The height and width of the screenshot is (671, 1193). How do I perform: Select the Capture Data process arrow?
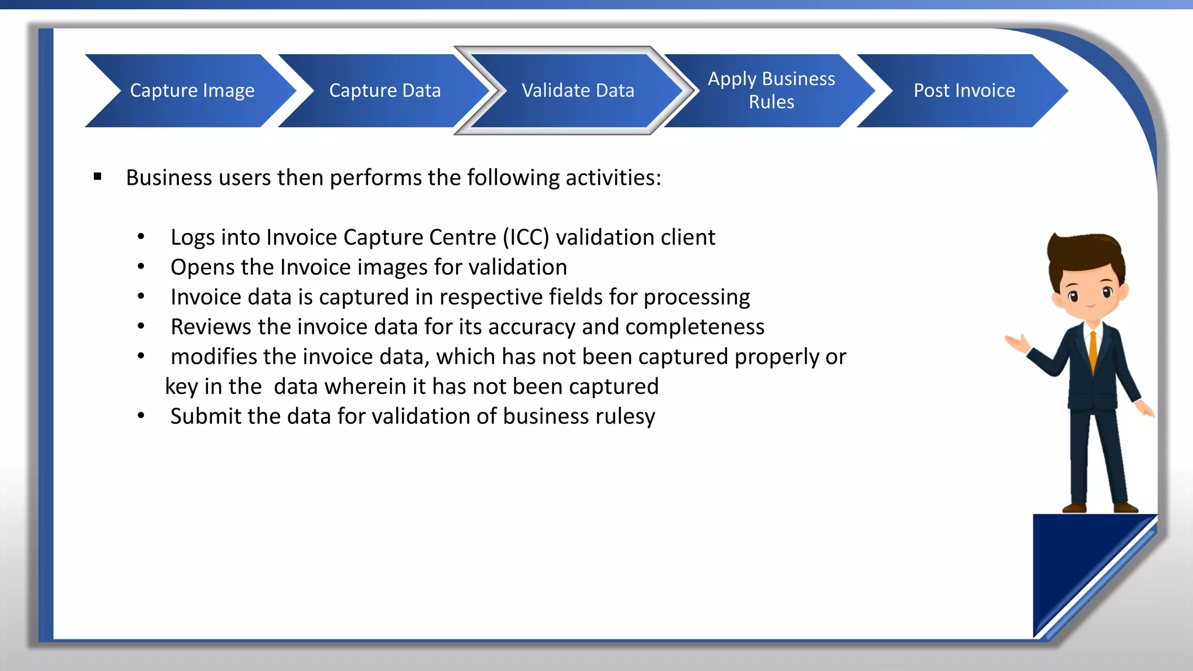point(384,91)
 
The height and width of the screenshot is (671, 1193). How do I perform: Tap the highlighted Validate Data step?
point(577,91)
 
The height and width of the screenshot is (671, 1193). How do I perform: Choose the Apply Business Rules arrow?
point(771,91)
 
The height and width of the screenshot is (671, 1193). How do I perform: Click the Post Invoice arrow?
point(963,91)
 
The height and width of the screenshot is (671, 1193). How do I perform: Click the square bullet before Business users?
point(97,177)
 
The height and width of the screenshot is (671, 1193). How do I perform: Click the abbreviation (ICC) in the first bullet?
point(526,238)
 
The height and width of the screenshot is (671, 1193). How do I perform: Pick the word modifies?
point(213,356)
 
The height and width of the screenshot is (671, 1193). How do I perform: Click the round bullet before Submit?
point(141,416)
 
